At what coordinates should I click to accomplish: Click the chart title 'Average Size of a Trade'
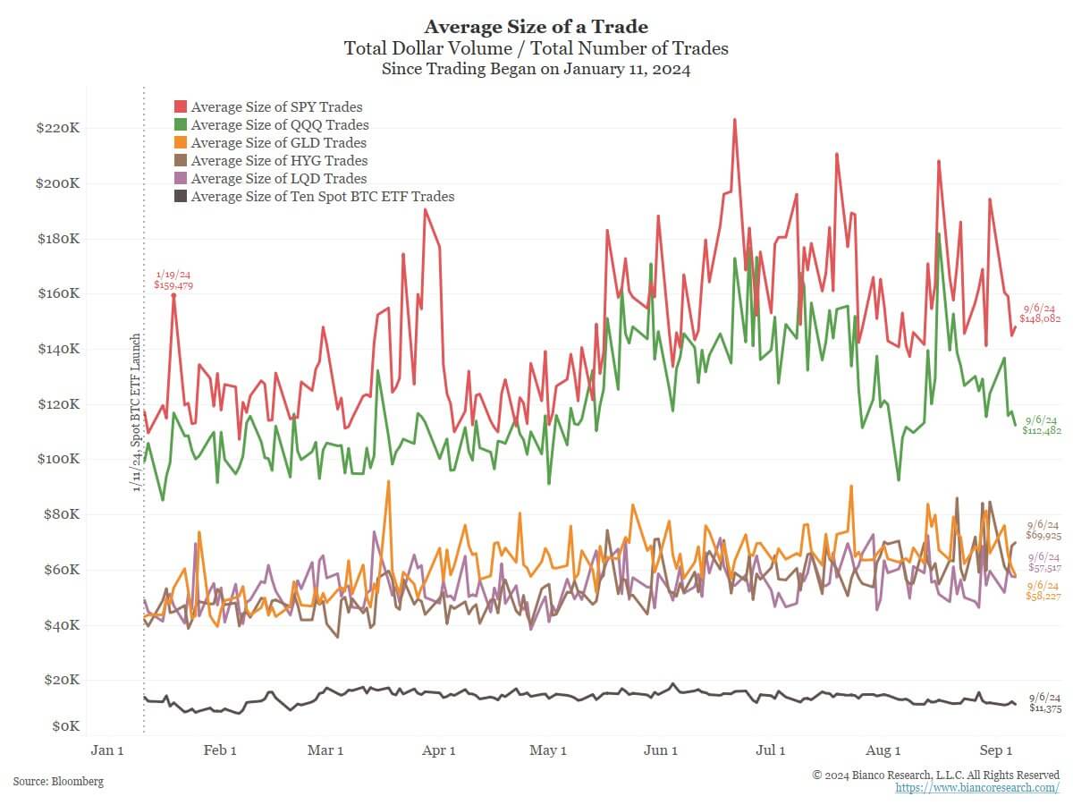click(x=536, y=26)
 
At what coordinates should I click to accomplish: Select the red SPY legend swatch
click(x=180, y=107)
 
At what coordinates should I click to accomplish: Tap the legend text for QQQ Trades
click(x=279, y=125)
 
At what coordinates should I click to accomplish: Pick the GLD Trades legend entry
click(x=278, y=143)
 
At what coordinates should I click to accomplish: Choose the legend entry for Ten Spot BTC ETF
click(x=322, y=197)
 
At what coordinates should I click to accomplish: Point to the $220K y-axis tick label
click(x=58, y=129)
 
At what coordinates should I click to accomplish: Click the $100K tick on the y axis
click(x=58, y=460)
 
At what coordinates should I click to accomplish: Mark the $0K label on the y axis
click(x=64, y=725)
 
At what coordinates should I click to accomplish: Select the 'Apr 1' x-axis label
click(x=439, y=750)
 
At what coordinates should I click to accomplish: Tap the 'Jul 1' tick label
click(x=771, y=750)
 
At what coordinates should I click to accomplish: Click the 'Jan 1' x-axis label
click(x=107, y=750)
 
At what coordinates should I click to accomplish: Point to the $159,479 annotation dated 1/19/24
click(x=173, y=285)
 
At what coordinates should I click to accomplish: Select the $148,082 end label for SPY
click(x=1040, y=318)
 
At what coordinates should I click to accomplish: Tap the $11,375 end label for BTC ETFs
click(x=1044, y=708)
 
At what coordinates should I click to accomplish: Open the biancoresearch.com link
click(x=977, y=788)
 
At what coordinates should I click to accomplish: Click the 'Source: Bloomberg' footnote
click(x=58, y=782)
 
